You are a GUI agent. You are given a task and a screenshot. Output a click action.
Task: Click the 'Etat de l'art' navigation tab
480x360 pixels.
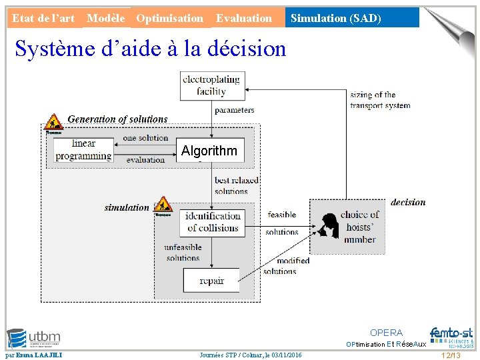(x=43, y=18)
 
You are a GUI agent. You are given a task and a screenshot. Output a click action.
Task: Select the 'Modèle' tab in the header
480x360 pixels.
(x=106, y=18)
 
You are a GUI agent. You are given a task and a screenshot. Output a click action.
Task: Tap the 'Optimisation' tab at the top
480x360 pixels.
(x=169, y=18)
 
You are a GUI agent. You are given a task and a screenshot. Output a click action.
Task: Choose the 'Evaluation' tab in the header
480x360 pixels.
(x=244, y=18)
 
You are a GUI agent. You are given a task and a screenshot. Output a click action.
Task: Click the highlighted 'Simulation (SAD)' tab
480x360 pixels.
(x=336, y=18)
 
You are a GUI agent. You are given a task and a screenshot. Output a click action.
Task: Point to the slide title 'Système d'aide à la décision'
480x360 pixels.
(x=150, y=49)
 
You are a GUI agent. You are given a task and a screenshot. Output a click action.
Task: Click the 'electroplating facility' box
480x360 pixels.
(x=212, y=86)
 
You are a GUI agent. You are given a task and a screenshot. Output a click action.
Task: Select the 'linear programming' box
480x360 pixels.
(x=83, y=150)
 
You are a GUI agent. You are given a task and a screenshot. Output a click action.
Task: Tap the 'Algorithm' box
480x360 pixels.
(x=209, y=151)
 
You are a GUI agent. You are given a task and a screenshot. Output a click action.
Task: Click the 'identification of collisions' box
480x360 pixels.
(x=212, y=222)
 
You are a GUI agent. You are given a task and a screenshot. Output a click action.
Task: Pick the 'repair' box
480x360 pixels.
(x=211, y=281)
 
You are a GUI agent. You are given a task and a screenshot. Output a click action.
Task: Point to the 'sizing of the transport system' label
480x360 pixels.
(x=380, y=100)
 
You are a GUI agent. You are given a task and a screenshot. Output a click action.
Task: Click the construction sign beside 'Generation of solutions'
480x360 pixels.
(x=53, y=123)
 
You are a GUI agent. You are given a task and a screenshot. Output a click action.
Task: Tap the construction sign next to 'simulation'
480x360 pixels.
(x=163, y=206)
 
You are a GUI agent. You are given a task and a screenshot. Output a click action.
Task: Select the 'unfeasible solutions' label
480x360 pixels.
(x=183, y=253)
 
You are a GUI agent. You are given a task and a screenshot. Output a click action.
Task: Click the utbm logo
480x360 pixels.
(x=33, y=338)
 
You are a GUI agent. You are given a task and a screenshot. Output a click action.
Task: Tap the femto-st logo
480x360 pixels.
(x=451, y=337)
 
